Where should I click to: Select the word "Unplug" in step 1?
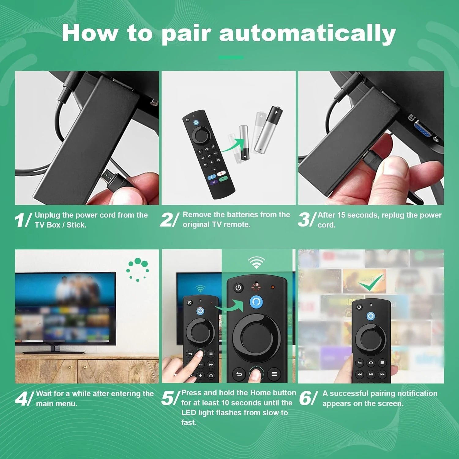click(x=47, y=215)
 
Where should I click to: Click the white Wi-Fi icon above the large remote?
click(x=256, y=262)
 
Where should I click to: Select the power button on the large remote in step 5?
click(x=238, y=288)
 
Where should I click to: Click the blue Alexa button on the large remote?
click(x=256, y=302)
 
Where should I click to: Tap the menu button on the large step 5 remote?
click(x=274, y=374)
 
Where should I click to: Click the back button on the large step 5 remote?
click(x=239, y=374)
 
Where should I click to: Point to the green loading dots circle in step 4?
click(x=138, y=269)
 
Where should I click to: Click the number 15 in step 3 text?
click(x=341, y=215)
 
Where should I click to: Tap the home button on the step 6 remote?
click(x=371, y=363)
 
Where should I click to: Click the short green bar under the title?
click(x=231, y=57)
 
